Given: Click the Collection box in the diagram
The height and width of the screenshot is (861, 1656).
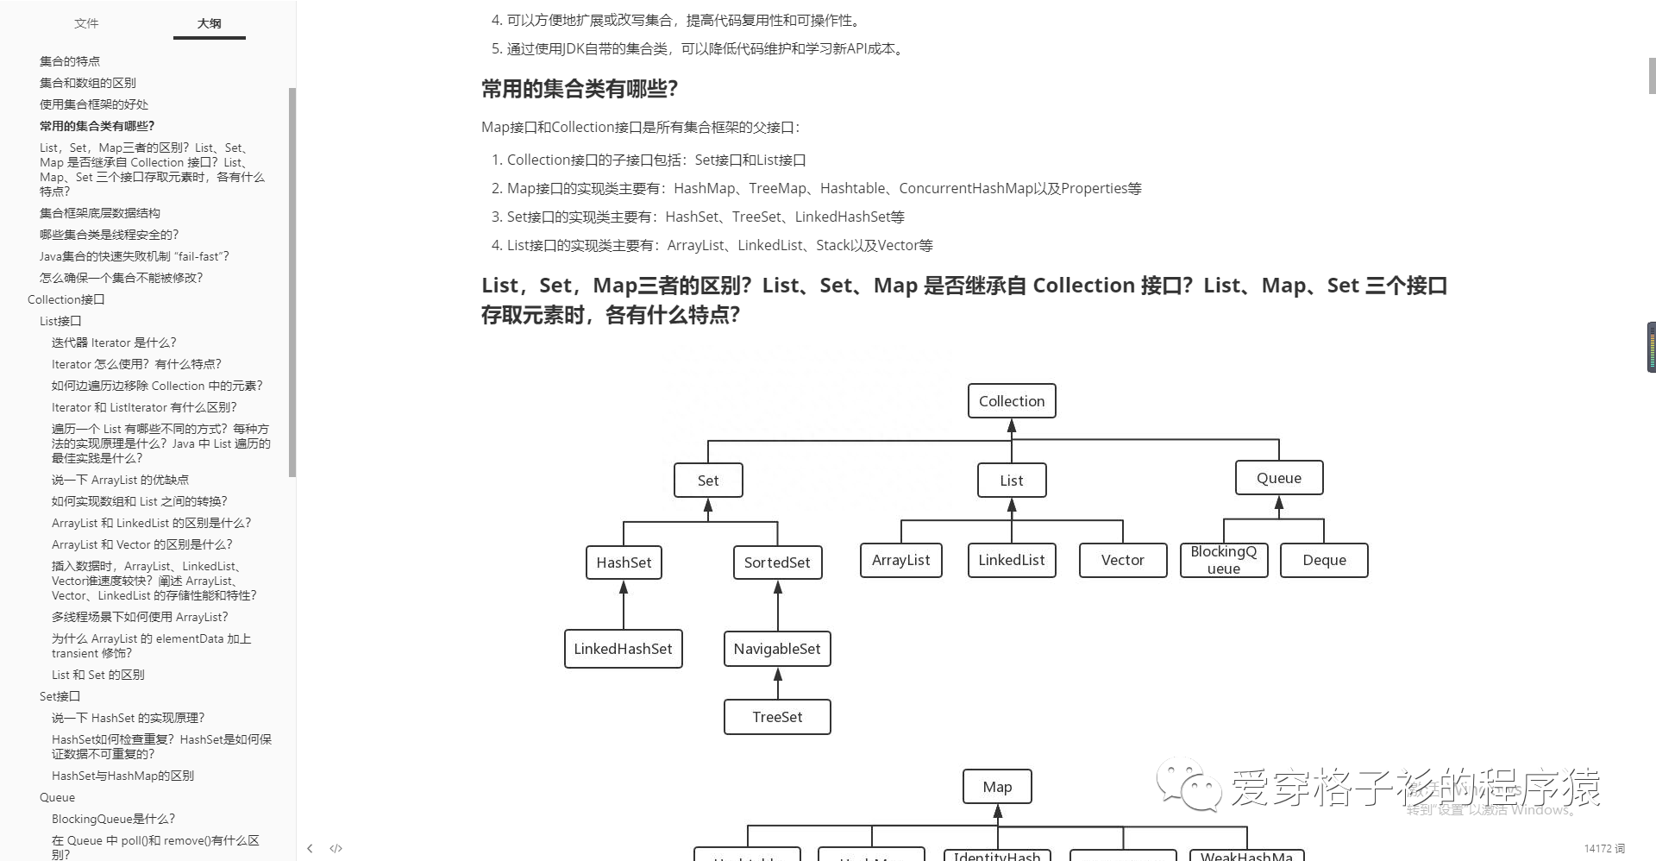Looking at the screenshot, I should (x=1012, y=401).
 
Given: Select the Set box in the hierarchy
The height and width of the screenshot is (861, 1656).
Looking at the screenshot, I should (x=707, y=481).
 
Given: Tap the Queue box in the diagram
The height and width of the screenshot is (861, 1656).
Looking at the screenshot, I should (x=1278, y=478).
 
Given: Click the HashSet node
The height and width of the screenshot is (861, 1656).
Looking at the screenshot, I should (x=624, y=562).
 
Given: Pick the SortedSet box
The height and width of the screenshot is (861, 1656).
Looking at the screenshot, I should (x=777, y=562).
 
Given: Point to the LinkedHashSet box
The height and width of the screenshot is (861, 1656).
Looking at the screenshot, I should (x=623, y=649).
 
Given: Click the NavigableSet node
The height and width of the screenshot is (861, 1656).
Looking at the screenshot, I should (x=777, y=649).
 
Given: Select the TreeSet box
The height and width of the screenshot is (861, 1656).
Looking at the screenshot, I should (x=777, y=717).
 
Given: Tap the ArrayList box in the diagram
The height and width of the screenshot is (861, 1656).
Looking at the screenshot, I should (x=900, y=560).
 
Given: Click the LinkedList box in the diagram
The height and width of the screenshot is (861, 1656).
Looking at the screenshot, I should (x=1012, y=560).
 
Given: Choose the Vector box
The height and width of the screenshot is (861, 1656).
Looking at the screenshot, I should (x=1122, y=560).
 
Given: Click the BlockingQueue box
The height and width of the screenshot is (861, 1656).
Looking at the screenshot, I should (x=1224, y=560).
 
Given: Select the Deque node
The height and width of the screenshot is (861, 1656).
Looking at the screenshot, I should (x=1324, y=560).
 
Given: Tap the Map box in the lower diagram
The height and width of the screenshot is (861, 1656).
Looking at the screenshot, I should (x=997, y=787).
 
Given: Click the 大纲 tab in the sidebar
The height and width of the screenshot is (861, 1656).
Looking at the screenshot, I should (x=210, y=23).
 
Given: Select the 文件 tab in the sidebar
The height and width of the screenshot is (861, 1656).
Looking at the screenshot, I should (x=86, y=23).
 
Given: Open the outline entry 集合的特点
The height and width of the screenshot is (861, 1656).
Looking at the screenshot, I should (x=70, y=61).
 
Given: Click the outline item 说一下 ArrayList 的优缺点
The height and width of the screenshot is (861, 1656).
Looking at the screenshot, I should (x=120, y=480).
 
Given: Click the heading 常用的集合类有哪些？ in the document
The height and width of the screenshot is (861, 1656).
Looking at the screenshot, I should (x=580, y=89).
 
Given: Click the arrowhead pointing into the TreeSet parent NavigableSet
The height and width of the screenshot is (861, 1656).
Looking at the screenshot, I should (x=778, y=675).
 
